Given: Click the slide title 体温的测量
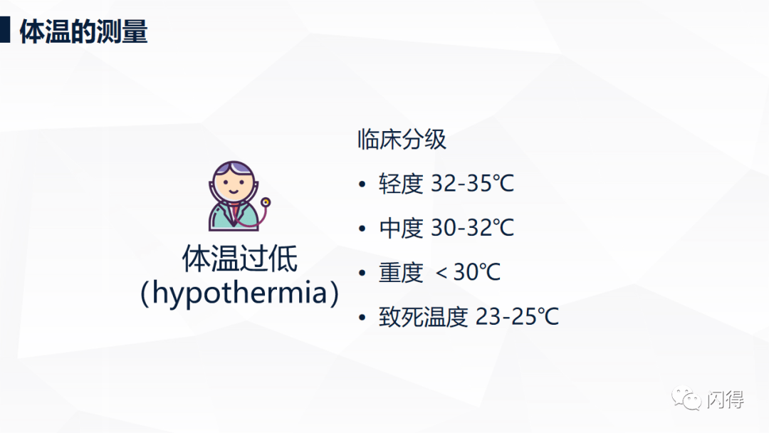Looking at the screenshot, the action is point(83,31).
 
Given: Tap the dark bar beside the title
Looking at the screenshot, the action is point(5,29).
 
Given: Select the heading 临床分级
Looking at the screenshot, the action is point(402,140).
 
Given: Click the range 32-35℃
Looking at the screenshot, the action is point(472,184).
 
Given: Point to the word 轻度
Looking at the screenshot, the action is point(401,184).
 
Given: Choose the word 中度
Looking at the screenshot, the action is point(401,228).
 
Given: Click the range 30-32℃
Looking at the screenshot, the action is point(472,227).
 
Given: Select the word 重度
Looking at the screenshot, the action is point(401,272).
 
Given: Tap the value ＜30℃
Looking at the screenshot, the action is point(468,271).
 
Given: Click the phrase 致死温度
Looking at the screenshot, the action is point(423,316).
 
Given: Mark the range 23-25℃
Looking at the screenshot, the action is point(517,316).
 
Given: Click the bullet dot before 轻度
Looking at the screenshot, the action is point(362,184).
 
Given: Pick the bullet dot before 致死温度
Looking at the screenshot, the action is point(362,317).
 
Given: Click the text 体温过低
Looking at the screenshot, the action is point(240,259).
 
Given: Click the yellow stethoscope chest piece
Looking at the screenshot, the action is point(266,202).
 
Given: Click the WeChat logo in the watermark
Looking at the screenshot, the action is point(686,399).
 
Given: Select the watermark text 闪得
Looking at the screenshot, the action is point(726,399).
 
